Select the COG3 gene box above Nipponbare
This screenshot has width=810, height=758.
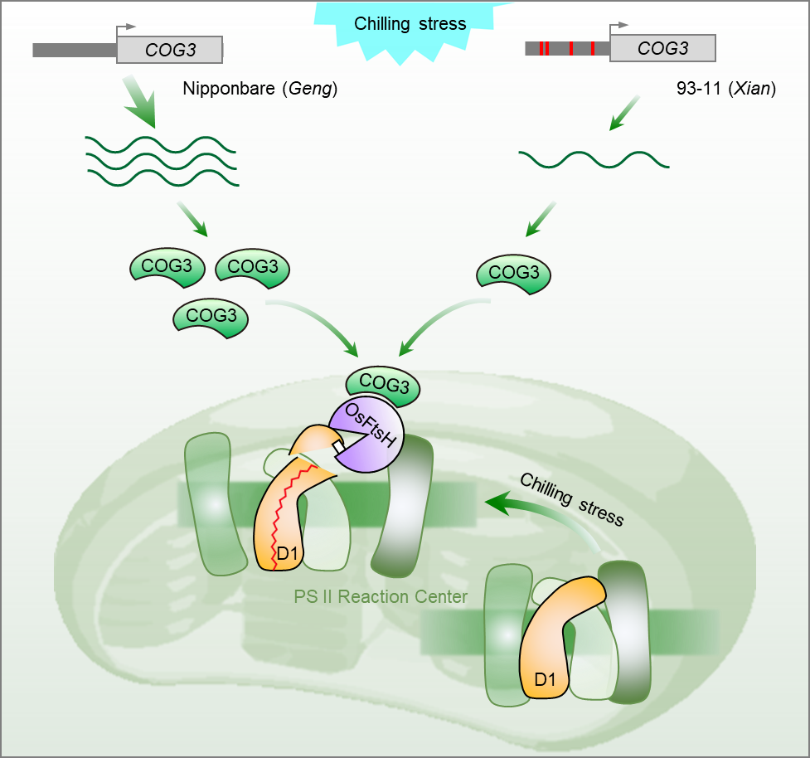point(170,50)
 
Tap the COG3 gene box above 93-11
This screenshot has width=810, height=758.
point(662,49)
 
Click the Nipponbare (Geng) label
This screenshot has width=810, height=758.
point(259,88)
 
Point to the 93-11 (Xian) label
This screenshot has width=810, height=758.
point(725,88)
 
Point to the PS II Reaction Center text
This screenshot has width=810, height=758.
point(381,596)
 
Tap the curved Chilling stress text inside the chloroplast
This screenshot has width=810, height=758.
point(571,498)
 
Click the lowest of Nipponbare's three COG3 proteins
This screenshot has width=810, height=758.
point(211,317)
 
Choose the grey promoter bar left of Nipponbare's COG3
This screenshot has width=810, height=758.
point(74,51)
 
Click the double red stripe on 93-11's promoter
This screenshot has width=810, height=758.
point(544,49)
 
